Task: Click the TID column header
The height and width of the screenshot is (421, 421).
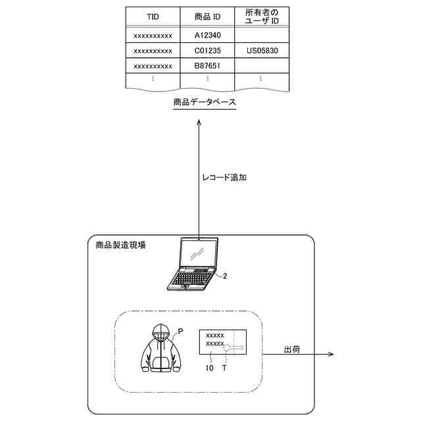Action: [153, 16]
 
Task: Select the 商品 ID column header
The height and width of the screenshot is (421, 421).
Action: [207, 16]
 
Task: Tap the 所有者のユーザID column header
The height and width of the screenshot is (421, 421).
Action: [261, 16]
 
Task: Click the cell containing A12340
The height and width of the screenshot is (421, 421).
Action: [207, 34]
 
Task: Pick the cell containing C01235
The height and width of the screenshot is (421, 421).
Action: [207, 50]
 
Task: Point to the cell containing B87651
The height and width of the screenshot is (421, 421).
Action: [207, 66]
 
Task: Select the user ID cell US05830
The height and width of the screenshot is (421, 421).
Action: [261, 50]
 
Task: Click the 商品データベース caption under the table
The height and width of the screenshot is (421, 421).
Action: [205, 103]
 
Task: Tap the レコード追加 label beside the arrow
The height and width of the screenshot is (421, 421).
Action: [226, 178]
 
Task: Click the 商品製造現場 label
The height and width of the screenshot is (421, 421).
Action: [120, 245]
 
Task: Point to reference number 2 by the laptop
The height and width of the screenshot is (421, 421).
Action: [225, 276]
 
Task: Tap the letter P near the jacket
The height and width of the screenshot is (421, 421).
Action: [181, 325]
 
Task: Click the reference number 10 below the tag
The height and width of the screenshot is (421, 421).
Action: [209, 368]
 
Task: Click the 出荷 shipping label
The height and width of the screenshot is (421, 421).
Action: [292, 349]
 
